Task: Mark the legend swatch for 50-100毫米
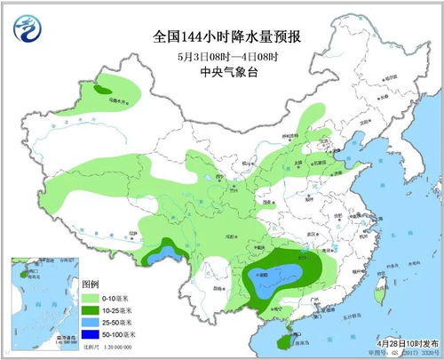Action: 92,334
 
